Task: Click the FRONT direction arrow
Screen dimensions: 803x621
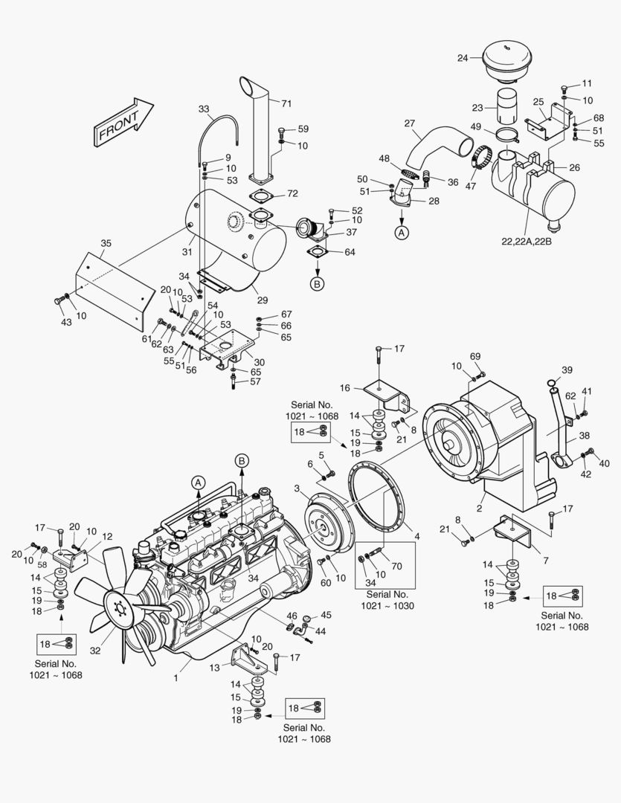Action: pyautogui.click(x=123, y=120)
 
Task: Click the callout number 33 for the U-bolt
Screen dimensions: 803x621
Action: pyautogui.click(x=203, y=109)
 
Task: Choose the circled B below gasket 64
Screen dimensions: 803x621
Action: pyautogui.click(x=317, y=283)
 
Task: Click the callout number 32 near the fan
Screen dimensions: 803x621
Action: pyautogui.click(x=95, y=650)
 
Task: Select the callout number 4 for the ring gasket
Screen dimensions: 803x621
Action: pyautogui.click(x=416, y=536)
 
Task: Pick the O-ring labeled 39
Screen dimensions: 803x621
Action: pyautogui.click(x=550, y=384)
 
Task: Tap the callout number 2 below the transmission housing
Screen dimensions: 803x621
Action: pyautogui.click(x=480, y=509)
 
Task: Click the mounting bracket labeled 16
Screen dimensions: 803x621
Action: pyautogui.click(x=383, y=394)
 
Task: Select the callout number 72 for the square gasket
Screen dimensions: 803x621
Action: pyautogui.click(x=292, y=193)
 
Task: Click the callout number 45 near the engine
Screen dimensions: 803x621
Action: pyautogui.click(x=326, y=615)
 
